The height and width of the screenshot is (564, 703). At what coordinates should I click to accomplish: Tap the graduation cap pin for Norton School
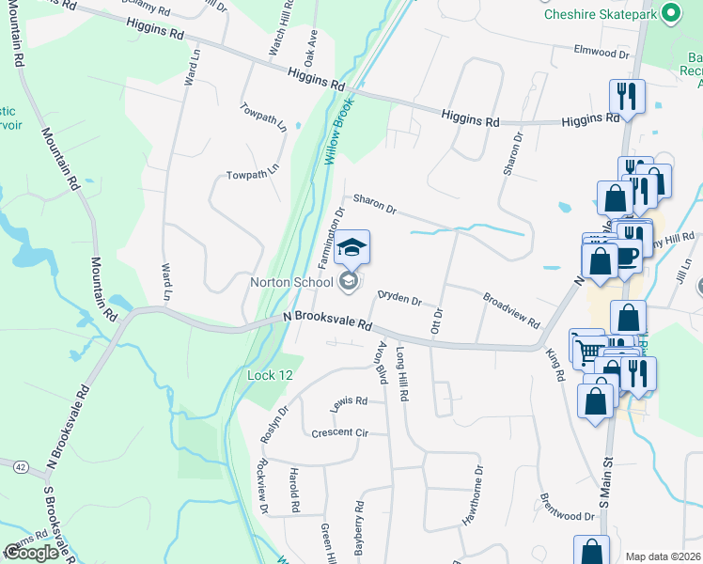tap(352, 248)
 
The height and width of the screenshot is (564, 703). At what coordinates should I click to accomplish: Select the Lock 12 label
tap(262, 376)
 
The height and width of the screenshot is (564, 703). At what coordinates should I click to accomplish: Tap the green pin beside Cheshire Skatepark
tap(670, 14)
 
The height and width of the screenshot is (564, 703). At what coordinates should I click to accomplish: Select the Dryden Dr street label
tap(399, 298)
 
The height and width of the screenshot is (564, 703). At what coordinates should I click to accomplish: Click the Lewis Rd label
tap(348, 401)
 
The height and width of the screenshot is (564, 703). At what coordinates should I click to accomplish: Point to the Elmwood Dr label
tap(602, 54)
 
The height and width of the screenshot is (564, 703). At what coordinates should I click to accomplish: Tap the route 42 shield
tap(19, 465)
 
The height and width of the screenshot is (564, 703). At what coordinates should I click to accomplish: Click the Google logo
tap(31, 552)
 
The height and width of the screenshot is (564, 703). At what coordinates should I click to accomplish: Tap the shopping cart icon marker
tap(588, 350)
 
